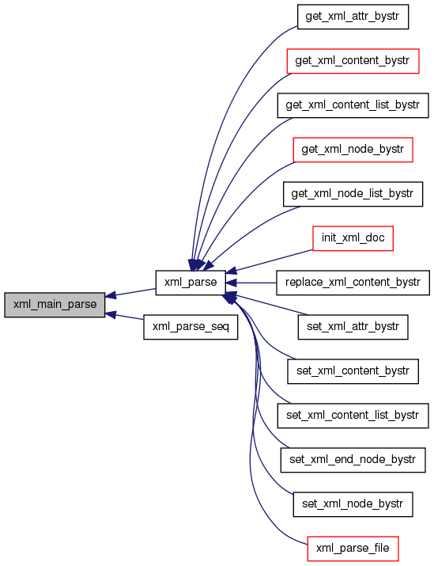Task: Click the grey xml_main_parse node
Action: click(55, 305)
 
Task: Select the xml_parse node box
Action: click(191, 283)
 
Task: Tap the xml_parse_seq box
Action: click(191, 327)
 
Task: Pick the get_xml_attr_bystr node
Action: click(353, 17)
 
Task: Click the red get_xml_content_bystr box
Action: click(353, 61)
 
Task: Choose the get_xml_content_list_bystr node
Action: click(353, 105)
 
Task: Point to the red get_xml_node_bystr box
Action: click(353, 150)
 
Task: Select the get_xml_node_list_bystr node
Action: click(353, 194)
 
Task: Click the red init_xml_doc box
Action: click(353, 238)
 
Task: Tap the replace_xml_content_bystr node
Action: click(353, 283)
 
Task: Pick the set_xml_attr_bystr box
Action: click(353, 327)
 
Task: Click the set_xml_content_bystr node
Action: click(353, 371)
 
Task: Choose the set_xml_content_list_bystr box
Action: click(353, 416)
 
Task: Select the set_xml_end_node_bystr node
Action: click(353, 460)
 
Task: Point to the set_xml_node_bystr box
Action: click(353, 504)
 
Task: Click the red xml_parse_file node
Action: click(353, 549)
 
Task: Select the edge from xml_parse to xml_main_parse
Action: click(130, 293)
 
